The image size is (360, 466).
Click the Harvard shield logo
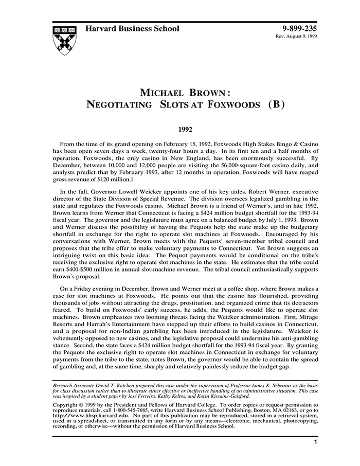tap(64, 40)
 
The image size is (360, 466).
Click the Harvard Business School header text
tap(132, 28)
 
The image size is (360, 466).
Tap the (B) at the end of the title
tap(272, 104)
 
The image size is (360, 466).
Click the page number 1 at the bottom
tap(315, 441)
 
